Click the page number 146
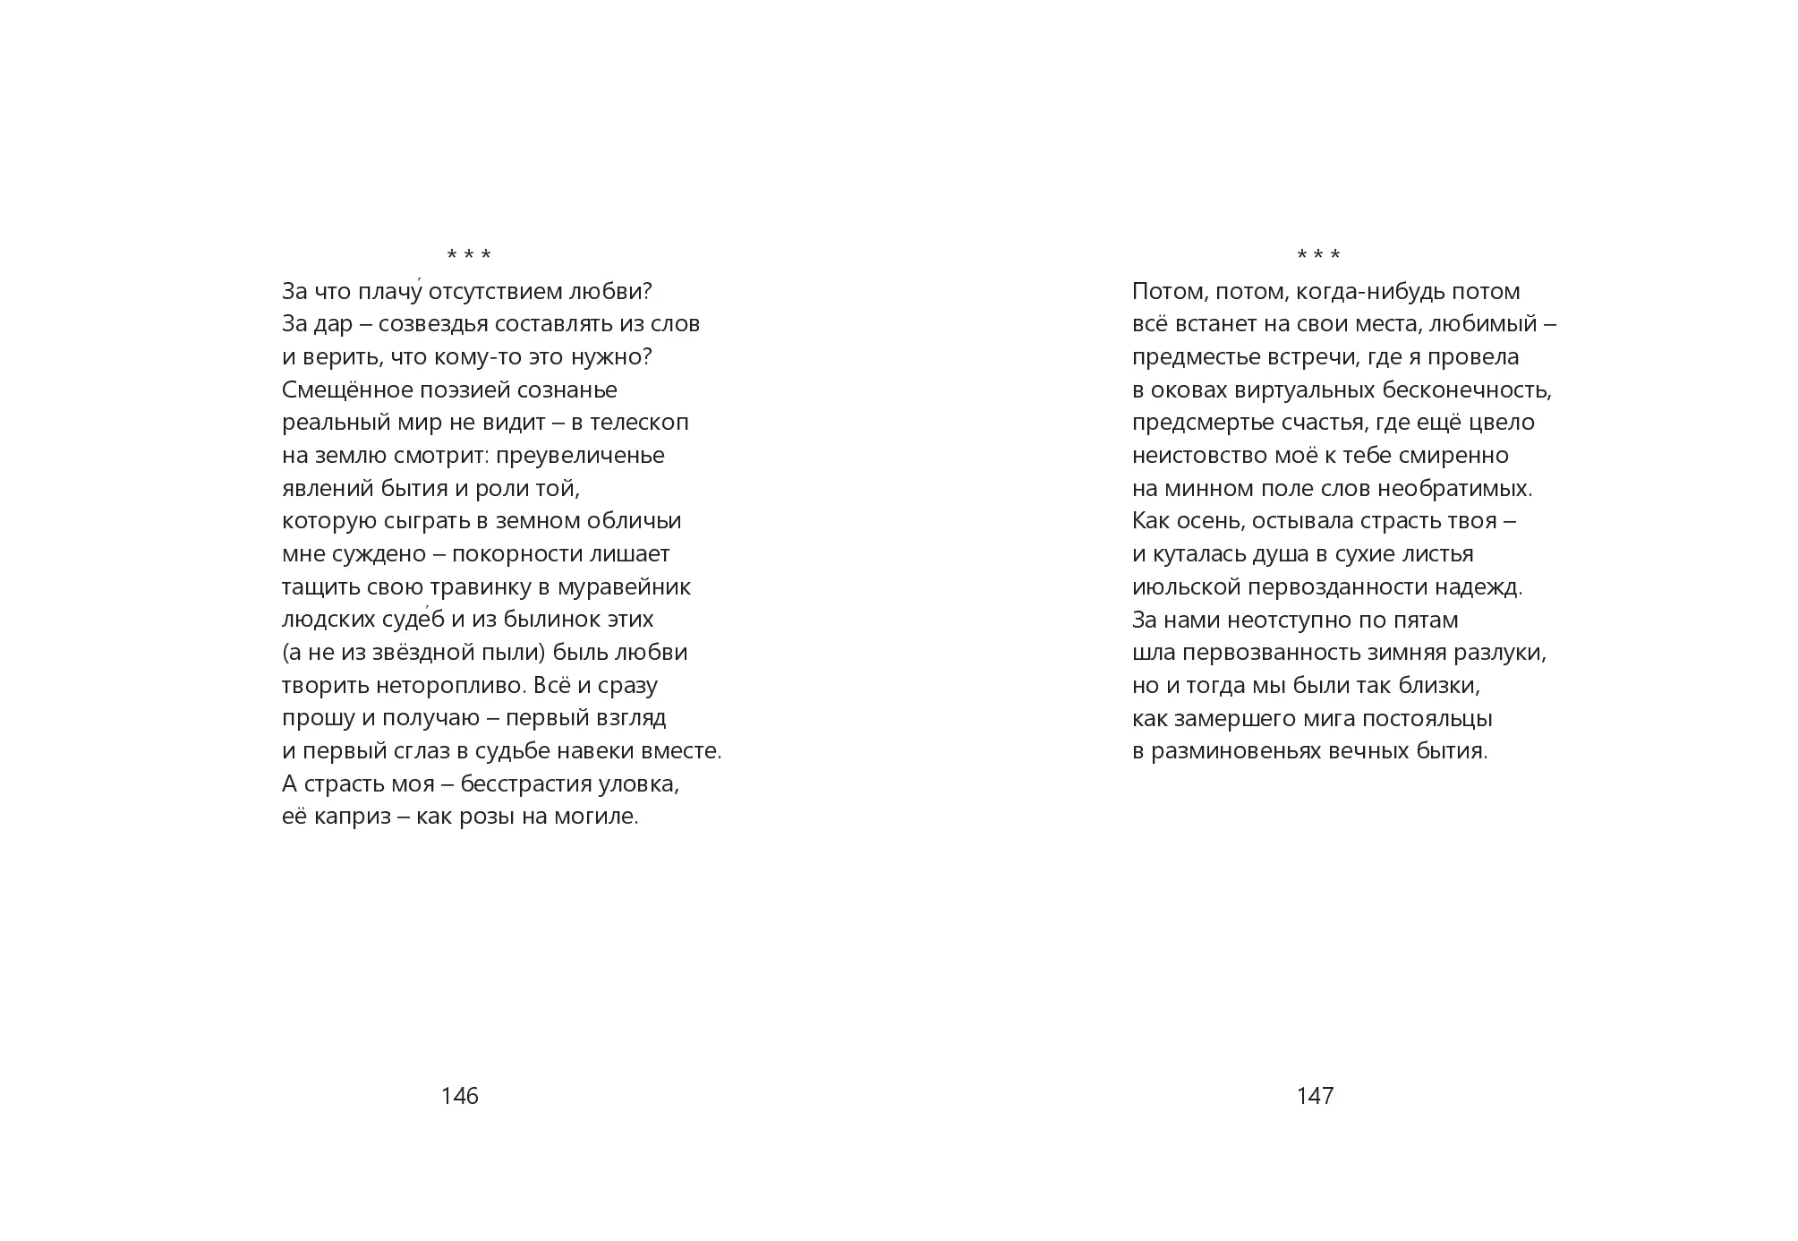[x=460, y=1096]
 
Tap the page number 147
[x=1315, y=1096]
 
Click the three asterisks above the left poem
[x=469, y=256]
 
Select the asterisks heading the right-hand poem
[x=1318, y=256]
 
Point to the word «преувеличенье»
[x=581, y=456]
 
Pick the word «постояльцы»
[x=1438, y=719]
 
